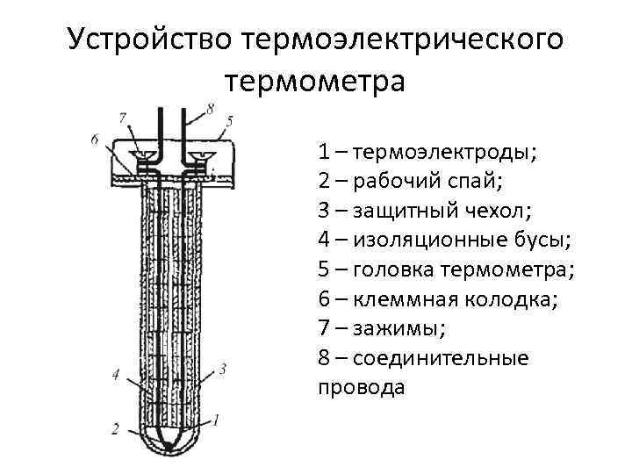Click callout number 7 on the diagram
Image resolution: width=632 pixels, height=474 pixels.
coord(122,117)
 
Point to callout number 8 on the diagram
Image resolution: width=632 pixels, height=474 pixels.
coord(210,108)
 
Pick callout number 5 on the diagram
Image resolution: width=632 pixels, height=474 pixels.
coord(229,119)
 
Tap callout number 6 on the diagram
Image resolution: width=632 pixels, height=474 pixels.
coord(94,139)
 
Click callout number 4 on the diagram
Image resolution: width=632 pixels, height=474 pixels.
coord(117,375)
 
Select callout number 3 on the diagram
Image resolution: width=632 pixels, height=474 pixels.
coord(223,370)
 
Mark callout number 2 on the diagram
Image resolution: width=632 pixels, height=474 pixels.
coord(115,429)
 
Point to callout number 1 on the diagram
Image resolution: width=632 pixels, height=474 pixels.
coord(217,420)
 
